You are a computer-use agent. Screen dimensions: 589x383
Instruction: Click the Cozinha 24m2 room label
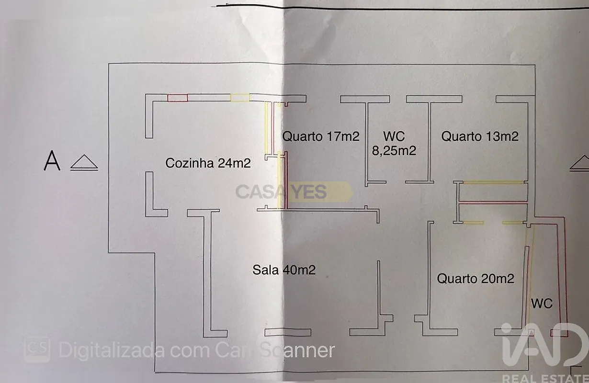point(208,163)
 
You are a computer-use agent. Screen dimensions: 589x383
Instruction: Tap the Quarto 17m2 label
point(320,136)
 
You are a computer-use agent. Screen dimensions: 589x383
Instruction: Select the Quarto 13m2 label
point(480,136)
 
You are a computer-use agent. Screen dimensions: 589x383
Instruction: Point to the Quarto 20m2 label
point(476,279)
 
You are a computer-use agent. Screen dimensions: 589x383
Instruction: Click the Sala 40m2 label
point(284,270)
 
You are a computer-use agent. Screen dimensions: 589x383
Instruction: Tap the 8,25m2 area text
point(394,151)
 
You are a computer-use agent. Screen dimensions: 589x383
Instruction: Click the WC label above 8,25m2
point(394,136)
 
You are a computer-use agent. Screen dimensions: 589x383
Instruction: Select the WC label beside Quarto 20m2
point(542,304)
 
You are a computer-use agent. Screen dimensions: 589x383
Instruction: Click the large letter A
point(52,160)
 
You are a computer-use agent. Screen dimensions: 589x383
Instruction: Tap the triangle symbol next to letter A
point(84,162)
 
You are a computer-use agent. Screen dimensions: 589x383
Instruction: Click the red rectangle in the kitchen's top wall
point(178,98)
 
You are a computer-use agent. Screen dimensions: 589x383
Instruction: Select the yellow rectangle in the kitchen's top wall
point(240,97)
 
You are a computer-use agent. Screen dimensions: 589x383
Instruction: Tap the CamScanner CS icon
point(37,349)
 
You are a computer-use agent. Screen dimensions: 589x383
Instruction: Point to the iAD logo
point(544,345)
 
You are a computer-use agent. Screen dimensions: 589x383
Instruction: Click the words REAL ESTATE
point(545,379)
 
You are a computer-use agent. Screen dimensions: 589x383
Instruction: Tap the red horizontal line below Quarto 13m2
point(493,202)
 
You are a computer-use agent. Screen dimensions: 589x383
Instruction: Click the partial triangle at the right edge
point(579,164)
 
